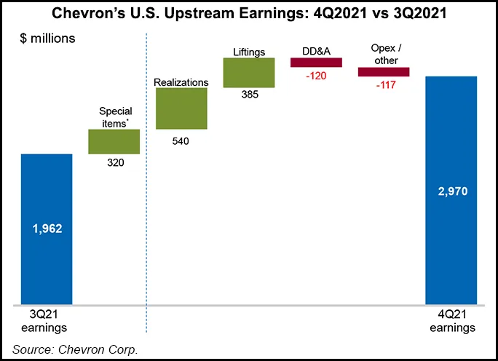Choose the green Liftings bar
248,72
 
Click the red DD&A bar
316,63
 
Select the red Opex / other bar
384,72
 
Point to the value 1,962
47,229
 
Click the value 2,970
451,192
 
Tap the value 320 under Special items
114,163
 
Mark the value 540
181,141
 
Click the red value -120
317,76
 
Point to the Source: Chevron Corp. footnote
75,349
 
